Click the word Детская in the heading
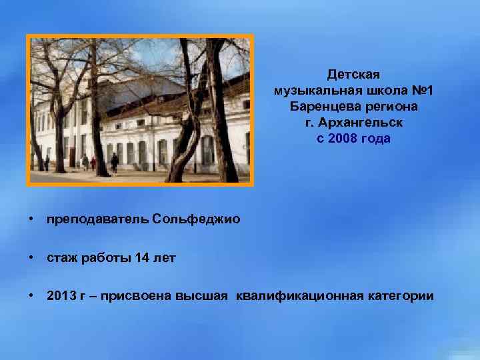point(353,75)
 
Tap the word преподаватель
point(97,219)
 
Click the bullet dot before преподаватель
point(31,219)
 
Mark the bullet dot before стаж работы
point(31,257)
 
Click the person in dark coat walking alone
point(115,162)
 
